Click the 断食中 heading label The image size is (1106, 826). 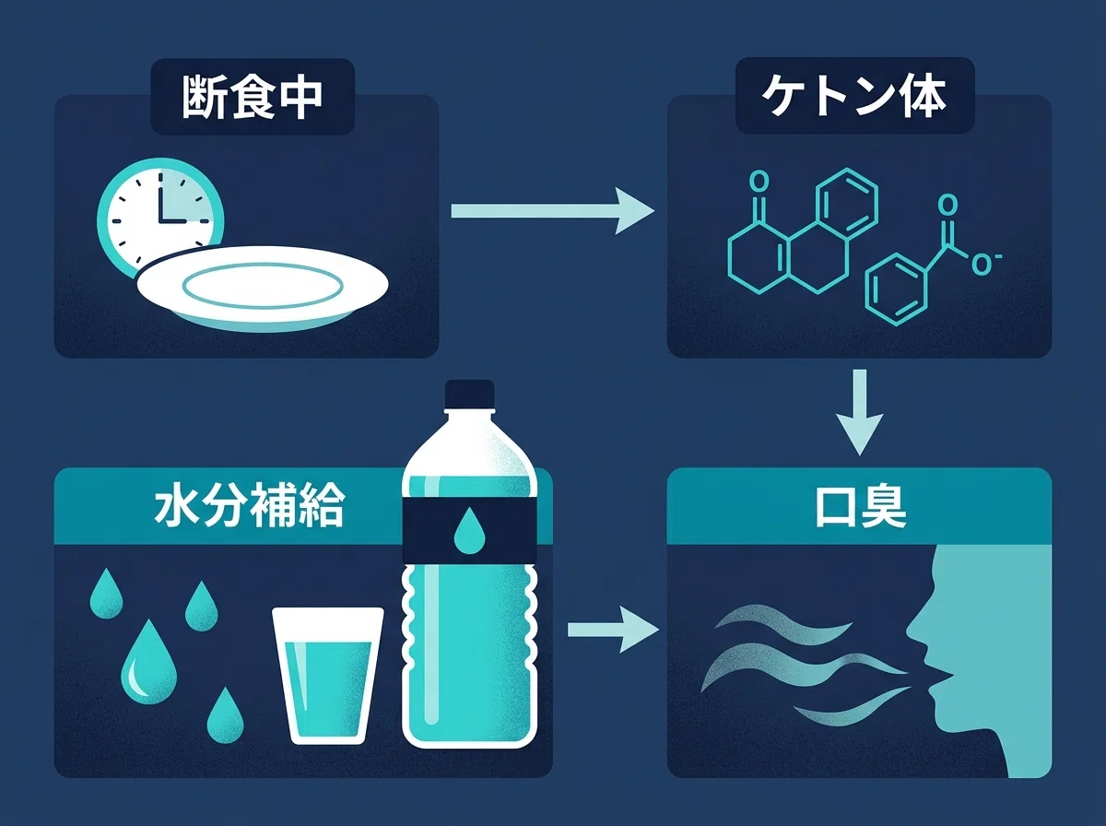[x=253, y=97]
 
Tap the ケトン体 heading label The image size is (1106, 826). [x=854, y=96]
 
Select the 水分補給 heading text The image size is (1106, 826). [x=250, y=504]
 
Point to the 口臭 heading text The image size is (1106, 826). [x=860, y=505]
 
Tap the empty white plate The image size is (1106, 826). [x=263, y=289]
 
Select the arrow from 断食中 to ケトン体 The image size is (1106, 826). [x=552, y=211]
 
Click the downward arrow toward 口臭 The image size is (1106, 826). [x=859, y=412]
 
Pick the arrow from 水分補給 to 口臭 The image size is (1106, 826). [x=613, y=630]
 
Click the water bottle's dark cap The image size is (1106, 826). [x=469, y=394]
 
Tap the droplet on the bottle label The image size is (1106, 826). [x=469, y=530]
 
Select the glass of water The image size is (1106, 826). [x=328, y=676]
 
